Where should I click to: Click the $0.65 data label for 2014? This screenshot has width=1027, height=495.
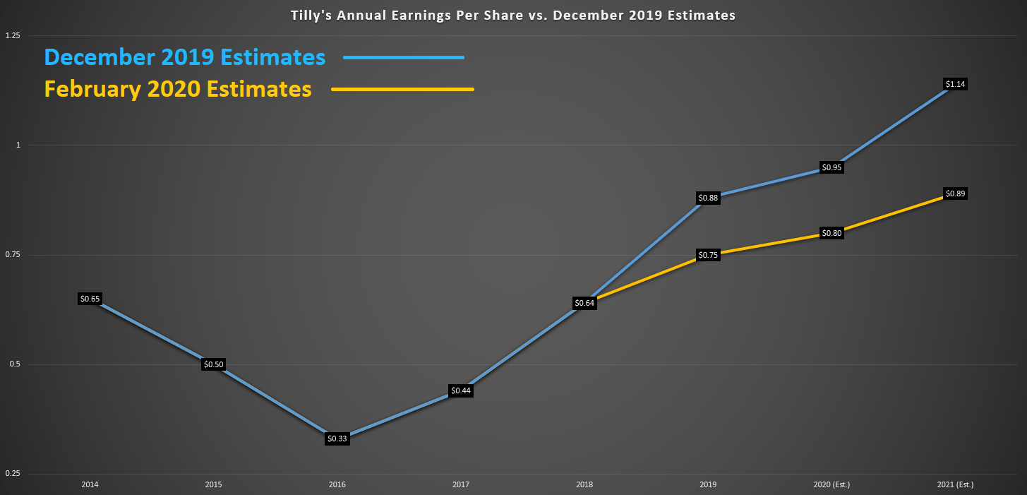pos(90,299)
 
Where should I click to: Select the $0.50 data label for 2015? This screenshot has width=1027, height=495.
pos(213,364)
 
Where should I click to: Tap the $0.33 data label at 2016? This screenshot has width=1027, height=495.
pos(337,439)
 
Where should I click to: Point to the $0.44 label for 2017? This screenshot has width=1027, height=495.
pos(460,390)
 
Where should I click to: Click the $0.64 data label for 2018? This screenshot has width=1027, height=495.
pos(584,303)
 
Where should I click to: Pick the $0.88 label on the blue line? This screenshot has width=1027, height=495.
pos(708,198)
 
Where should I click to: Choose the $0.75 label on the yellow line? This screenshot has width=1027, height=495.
pos(708,255)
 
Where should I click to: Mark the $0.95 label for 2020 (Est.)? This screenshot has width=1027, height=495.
pos(831,167)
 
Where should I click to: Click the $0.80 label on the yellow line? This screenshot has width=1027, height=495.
pos(831,233)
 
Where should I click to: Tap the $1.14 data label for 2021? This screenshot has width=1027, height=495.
pos(955,84)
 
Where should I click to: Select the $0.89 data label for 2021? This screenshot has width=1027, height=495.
pos(955,193)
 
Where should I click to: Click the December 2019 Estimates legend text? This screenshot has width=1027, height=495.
pos(185,57)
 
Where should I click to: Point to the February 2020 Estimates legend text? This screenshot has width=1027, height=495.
pos(178,90)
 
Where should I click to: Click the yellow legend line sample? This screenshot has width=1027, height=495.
pos(402,90)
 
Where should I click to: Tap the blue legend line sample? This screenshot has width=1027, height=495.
pos(404,57)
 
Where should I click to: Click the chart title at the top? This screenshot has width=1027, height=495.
pos(513,15)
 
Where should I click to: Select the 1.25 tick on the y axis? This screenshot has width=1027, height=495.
pos(12,35)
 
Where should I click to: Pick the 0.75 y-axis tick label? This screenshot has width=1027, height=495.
pos(12,255)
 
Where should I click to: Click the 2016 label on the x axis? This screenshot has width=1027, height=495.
pos(337,485)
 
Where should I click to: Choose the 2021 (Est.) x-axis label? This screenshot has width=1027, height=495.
pos(955,485)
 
